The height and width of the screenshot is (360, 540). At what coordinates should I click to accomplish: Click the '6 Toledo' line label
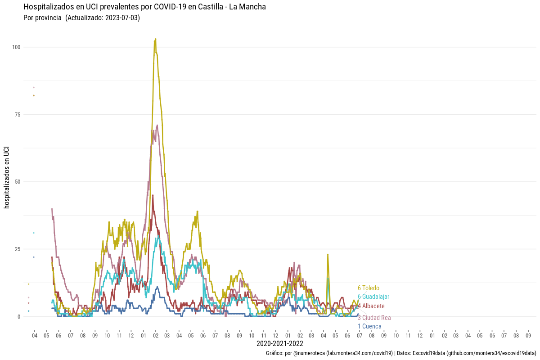coord(369,288)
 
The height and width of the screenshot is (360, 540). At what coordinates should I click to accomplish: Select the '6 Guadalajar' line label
coord(373,297)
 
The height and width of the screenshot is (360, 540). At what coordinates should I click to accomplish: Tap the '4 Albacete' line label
coord(371,306)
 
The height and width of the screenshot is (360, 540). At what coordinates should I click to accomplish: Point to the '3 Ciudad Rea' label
coord(374,318)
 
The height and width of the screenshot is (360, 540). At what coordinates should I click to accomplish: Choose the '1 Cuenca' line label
coord(369,326)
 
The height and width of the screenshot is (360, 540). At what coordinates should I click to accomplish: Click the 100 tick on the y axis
coord(16,47)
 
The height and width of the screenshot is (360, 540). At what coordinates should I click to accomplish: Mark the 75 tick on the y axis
coord(17,114)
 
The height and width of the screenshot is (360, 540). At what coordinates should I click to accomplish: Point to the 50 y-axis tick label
coord(17,182)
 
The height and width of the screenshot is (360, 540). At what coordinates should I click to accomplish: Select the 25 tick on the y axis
coord(17,249)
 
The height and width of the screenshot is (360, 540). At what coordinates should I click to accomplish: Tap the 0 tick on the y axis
coord(19,316)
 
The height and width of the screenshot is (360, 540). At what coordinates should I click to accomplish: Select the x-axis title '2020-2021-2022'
coord(279,344)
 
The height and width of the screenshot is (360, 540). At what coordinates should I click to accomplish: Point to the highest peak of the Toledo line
coord(155,39)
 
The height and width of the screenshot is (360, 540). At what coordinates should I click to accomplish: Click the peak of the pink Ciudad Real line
coord(157,125)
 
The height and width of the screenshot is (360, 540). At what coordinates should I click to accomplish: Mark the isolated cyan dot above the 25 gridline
coord(34,233)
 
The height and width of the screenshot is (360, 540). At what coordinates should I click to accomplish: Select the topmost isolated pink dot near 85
coord(34,87)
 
